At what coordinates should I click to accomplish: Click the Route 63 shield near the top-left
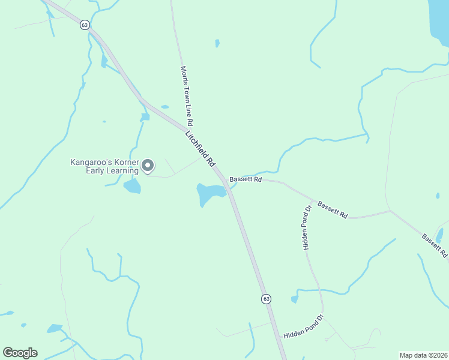pos(84,25)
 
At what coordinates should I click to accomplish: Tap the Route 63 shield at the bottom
pos(266,298)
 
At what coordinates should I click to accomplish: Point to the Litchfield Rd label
pos(200,149)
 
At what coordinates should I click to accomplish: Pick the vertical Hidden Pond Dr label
pos(307,227)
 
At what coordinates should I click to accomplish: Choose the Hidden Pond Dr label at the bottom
pos(304,326)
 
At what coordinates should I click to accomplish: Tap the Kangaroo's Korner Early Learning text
pos(104,166)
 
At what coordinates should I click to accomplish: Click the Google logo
pos(20,353)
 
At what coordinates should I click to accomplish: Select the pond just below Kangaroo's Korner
pos(132,187)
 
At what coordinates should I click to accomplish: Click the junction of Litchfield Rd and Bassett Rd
pos(226,181)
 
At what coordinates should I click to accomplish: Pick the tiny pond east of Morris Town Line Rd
pos(217,43)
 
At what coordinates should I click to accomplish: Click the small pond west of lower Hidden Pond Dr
pos(295,299)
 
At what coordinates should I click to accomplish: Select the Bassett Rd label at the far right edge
pos(435,245)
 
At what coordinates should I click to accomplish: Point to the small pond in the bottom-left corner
pos(55,328)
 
